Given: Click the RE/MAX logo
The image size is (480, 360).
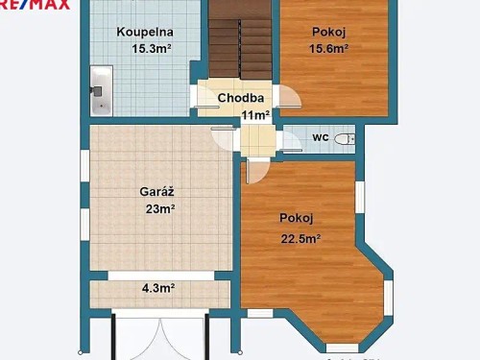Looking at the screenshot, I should click(36, 5).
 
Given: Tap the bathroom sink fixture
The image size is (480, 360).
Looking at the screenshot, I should click(100, 91).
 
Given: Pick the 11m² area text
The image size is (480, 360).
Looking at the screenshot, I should click(254, 115).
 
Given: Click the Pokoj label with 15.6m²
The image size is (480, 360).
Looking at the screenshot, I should click(327, 32).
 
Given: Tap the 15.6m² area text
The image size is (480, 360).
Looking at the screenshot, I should click(328, 48).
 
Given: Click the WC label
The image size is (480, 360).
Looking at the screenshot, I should click(321, 137).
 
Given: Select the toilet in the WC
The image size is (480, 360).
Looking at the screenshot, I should click(349, 139).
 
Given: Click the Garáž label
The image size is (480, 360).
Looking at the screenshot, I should click(156, 191).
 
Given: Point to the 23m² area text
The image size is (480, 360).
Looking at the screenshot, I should click(159, 208).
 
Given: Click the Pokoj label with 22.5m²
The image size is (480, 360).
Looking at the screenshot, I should click(297, 218).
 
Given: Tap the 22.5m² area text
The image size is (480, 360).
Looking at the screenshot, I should click(300, 239).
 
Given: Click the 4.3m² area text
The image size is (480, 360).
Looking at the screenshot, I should click(158, 287).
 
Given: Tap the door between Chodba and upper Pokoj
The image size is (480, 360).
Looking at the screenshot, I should click(287, 100).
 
